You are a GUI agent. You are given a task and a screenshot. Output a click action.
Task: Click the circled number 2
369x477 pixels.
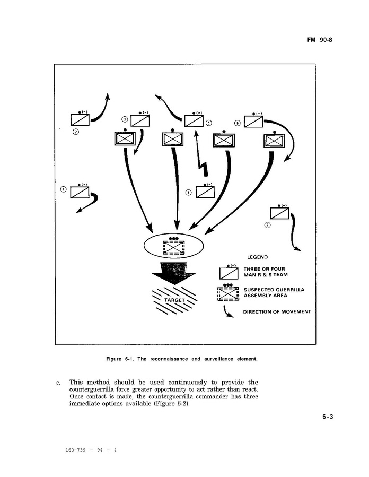click(x=75, y=132)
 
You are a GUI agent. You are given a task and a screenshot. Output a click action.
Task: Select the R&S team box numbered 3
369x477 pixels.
click(x=140, y=120)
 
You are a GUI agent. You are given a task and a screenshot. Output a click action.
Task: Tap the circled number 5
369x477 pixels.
click(x=209, y=123)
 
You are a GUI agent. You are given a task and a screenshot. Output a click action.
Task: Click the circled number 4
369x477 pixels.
click(x=188, y=192)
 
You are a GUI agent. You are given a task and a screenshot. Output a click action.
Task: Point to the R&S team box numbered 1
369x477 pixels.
click(x=80, y=192)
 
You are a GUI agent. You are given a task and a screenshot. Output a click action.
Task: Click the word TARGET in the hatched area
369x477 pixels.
click(x=174, y=300)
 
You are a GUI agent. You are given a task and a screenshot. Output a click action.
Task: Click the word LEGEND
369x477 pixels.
click(x=257, y=257)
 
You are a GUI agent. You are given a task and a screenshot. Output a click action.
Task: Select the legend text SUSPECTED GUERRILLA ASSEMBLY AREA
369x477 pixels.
click(x=274, y=292)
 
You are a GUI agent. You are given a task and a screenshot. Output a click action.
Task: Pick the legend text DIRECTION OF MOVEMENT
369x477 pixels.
click(x=277, y=311)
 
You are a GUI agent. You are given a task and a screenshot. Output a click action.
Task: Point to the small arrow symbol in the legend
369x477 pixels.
click(x=228, y=312)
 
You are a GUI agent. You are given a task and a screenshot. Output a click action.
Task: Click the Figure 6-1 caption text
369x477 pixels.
click(x=181, y=359)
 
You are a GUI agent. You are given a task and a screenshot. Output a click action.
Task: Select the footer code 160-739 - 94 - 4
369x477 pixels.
click(x=91, y=450)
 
